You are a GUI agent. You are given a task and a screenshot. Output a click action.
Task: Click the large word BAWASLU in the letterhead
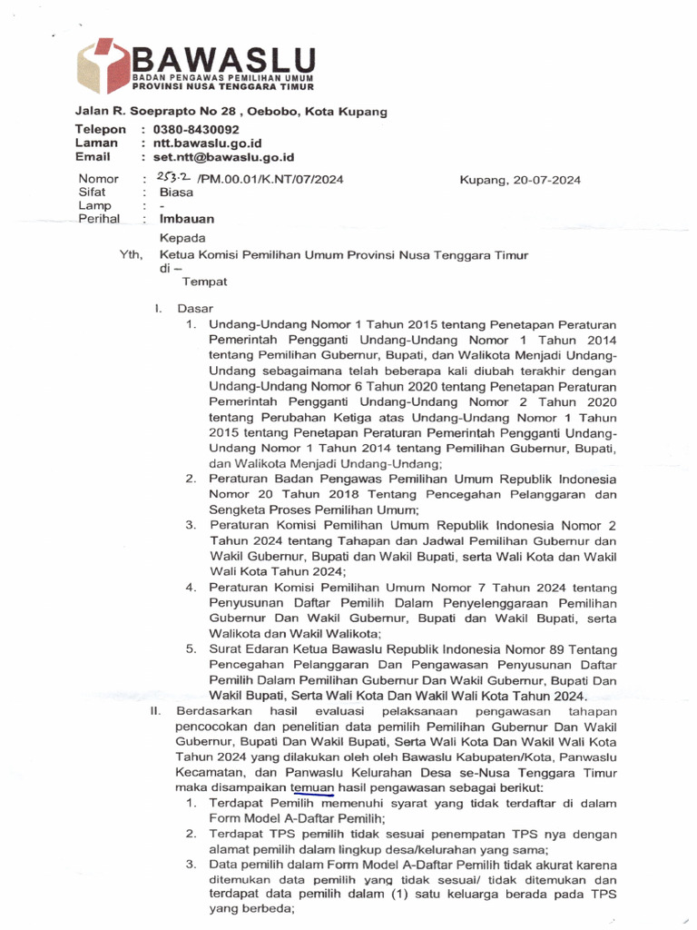coord(223,62)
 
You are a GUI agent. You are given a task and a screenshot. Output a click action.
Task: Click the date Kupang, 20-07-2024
coord(521,180)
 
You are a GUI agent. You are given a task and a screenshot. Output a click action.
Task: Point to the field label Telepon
coord(100,130)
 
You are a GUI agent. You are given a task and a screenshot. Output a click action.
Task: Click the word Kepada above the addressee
coord(184,238)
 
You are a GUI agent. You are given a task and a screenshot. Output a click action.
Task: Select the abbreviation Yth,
coord(132,255)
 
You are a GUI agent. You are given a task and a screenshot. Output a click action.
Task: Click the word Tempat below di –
coord(205,282)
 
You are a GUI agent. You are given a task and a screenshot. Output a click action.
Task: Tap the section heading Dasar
coord(196,309)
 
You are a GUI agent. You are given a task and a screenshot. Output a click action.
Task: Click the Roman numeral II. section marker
coord(155,711)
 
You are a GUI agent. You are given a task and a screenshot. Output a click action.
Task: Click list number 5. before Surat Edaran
coord(191,649)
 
